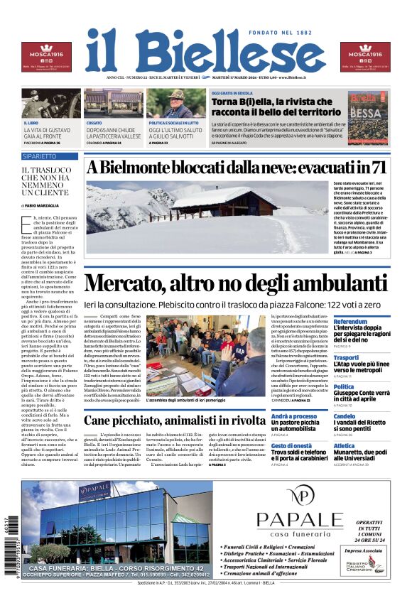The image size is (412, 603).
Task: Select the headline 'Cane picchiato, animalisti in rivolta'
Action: click(x=184, y=420)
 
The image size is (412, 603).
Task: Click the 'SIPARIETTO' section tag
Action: click(x=39, y=156)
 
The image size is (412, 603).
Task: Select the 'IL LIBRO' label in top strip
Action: click(x=31, y=123)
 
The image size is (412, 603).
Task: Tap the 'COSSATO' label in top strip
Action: click(x=94, y=123)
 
